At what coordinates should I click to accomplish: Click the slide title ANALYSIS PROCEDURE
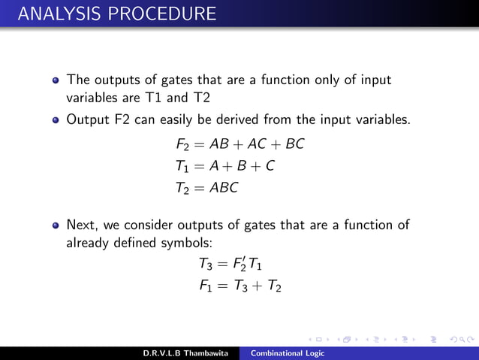110,14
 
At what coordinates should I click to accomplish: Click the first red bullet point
56,80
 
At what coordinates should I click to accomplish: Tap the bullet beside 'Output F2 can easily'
56,118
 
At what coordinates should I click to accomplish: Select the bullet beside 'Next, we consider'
56,225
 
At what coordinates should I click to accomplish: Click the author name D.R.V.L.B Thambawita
187,353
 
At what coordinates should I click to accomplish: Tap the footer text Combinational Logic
288,353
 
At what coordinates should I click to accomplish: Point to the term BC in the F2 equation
294,144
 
